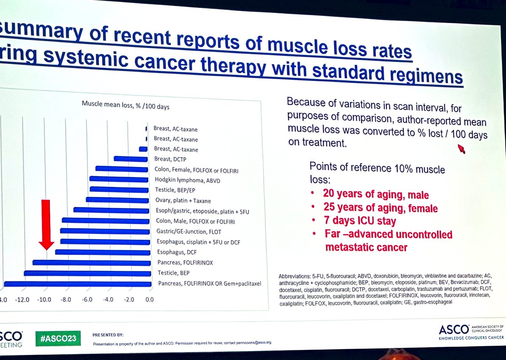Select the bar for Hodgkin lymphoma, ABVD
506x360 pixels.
(x=120, y=179)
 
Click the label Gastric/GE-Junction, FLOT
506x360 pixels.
(x=188, y=231)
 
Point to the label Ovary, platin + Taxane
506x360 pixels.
(x=182, y=200)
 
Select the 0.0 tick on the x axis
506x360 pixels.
(x=149, y=300)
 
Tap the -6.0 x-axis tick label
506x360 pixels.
(x=86, y=300)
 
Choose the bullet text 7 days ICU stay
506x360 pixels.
(x=359, y=221)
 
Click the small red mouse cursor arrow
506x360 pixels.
(x=461, y=149)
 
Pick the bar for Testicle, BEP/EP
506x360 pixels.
(x=120, y=190)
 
